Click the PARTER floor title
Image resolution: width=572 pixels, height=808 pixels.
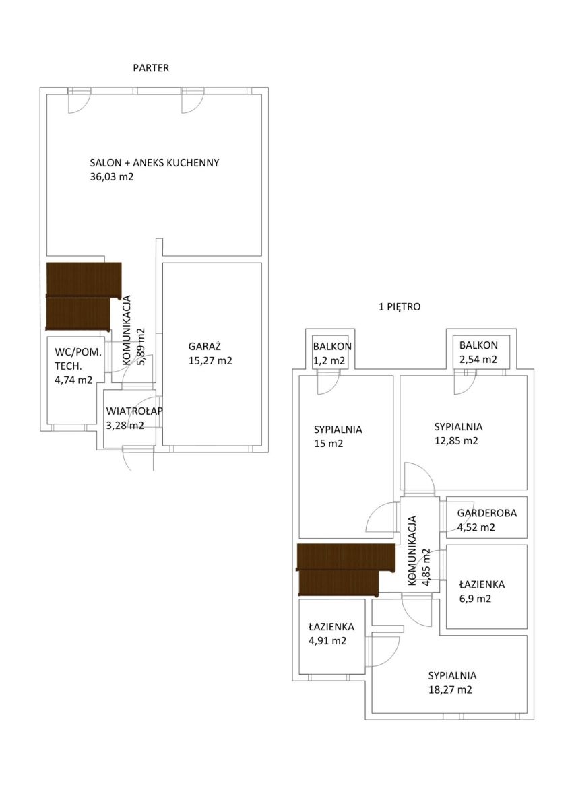pyautogui.click(x=151, y=68)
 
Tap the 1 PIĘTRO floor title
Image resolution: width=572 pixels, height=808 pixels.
pyautogui.click(x=400, y=307)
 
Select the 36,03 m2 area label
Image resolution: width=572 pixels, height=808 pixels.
pyautogui.click(x=112, y=176)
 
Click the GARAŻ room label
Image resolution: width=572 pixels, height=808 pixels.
pyautogui.click(x=204, y=346)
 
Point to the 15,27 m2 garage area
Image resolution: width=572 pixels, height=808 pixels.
pyautogui.click(x=210, y=360)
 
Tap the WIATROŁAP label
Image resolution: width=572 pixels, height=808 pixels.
pyautogui.click(x=134, y=411)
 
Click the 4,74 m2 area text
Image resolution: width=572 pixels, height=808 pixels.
pyautogui.click(x=73, y=380)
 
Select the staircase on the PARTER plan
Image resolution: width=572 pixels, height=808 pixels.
pyautogui.click(x=84, y=296)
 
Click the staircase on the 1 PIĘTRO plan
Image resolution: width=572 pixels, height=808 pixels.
pyautogui.click(x=346, y=570)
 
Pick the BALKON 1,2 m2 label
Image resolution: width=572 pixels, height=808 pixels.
pyautogui.click(x=332, y=353)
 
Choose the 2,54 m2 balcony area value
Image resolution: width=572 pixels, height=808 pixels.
pyautogui.click(x=478, y=360)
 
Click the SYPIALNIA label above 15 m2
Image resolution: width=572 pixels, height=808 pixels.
pyautogui.click(x=338, y=430)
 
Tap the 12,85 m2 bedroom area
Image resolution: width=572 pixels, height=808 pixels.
pyautogui.click(x=456, y=441)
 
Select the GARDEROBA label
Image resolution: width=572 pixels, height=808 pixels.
pyautogui.click(x=487, y=513)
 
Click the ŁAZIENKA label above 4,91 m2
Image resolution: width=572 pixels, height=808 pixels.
pyautogui.click(x=331, y=627)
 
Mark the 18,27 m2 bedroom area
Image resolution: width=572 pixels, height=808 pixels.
pyautogui.click(x=450, y=689)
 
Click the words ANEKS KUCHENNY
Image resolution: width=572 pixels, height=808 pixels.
pyautogui.click(x=176, y=163)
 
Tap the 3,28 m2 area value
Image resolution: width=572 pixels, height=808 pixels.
pyautogui.click(x=125, y=426)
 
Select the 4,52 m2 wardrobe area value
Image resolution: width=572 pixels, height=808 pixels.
pyautogui.click(x=476, y=527)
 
